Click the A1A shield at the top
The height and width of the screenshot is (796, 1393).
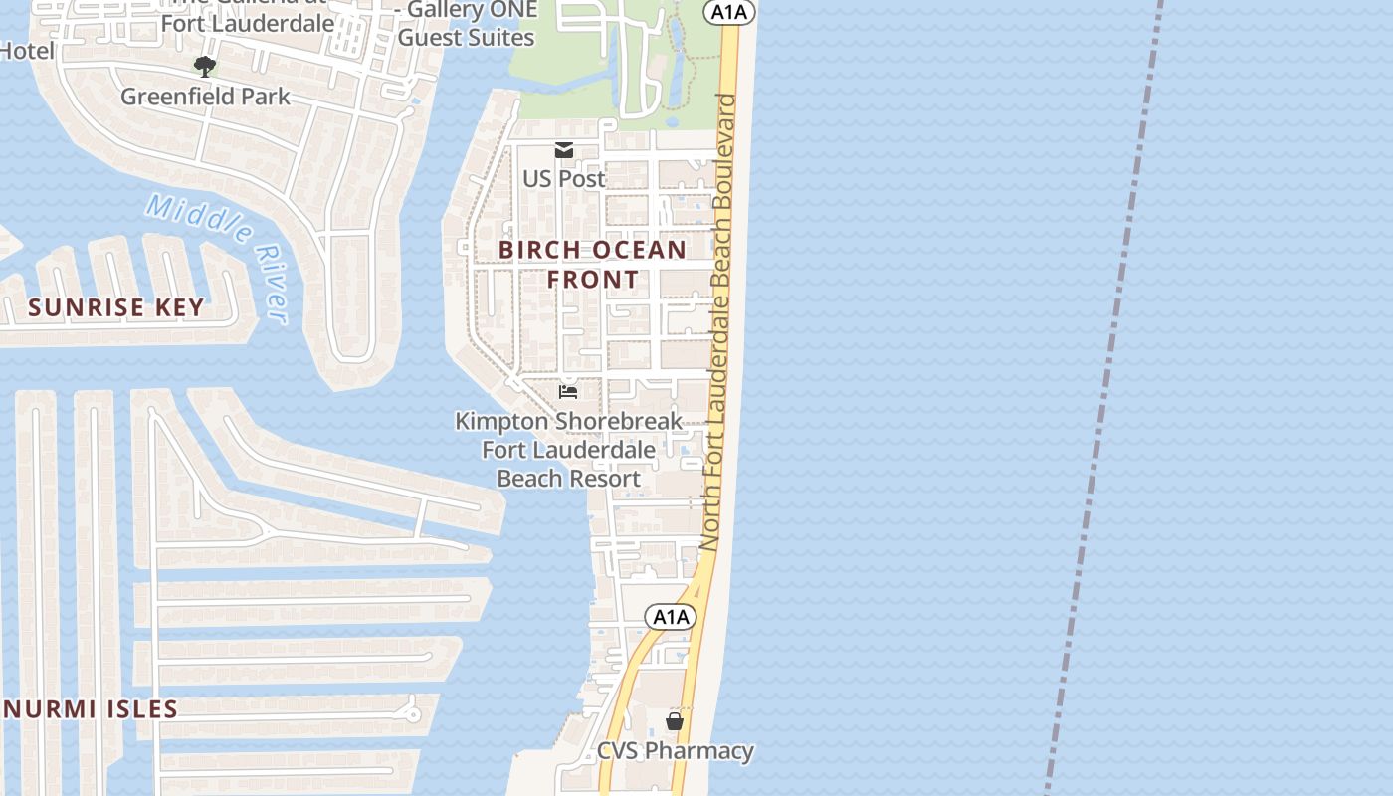(729, 12)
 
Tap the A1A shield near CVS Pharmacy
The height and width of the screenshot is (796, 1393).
(671, 617)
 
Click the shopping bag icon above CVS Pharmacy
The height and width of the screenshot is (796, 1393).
(675, 721)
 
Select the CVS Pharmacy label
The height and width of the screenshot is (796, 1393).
(676, 750)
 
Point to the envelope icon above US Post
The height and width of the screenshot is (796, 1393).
(564, 150)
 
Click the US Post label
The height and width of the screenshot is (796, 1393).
(564, 179)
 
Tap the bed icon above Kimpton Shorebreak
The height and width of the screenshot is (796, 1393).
(568, 392)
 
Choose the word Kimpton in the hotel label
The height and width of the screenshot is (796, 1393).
(501, 421)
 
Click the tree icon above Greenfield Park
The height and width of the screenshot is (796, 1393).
(205, 67)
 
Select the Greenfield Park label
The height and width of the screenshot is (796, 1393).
(205, 97)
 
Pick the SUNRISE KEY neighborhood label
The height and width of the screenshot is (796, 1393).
(116, 307)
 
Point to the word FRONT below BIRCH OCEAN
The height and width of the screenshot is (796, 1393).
(593, 280)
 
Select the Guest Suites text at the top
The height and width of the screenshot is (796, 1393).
(466, 38)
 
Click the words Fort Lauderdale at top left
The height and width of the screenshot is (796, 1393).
(247, 22)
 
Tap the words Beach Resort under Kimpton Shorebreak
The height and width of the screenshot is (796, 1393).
(568, 479)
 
